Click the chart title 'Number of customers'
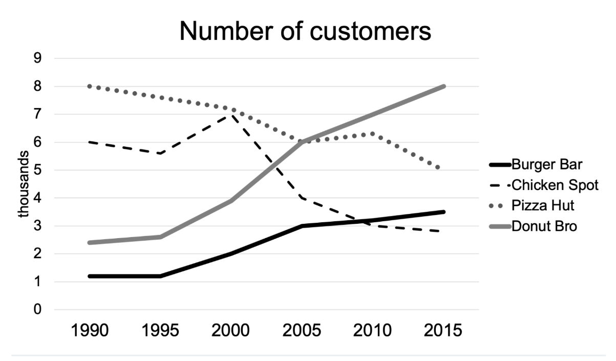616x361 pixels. tap(305, 32)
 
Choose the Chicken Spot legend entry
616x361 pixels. tap(555, 185)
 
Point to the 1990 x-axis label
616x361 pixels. tap(90, 330)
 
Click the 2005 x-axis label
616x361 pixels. tap(302, 330)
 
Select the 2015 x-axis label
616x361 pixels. tap(443, 330)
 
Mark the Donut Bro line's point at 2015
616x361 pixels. tap(443, 87)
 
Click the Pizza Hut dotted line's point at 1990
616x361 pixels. tap(90, 87)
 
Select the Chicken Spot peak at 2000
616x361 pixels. tap(231, 115)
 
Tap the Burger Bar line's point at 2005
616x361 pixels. tap(302, 226)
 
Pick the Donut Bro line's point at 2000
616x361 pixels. tap(231, 201)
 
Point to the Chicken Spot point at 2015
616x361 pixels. tap(443, 231)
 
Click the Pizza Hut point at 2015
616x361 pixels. tap(443, 169)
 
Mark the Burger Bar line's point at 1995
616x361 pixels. tap(161, 276)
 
